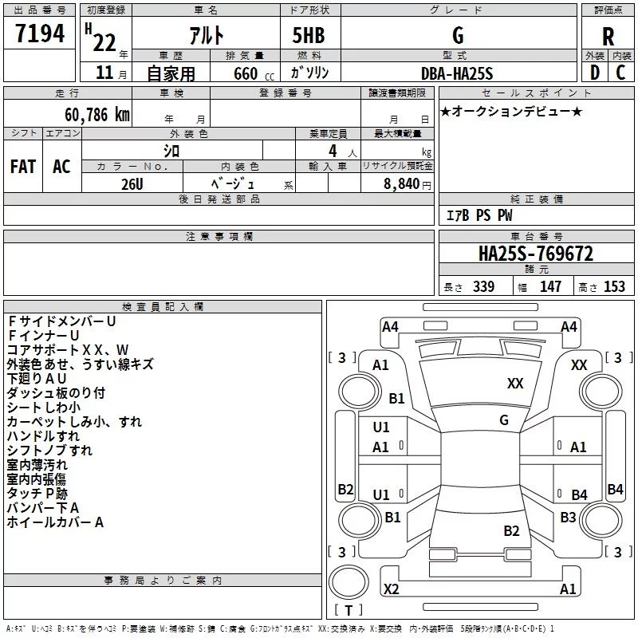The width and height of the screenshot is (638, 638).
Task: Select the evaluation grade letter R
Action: click(x=608, y=36)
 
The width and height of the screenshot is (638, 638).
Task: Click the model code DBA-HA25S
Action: click(x=456, y=73)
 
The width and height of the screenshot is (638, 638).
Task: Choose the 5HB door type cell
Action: click(x=309, y=36)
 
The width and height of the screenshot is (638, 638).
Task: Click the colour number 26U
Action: click(x=132, y=183)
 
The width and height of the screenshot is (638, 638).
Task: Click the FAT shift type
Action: click(x=23, y=166)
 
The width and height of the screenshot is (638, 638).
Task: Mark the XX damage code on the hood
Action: click(x=515, y=384)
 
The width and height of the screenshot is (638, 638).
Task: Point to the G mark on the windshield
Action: click(x=504, y=420)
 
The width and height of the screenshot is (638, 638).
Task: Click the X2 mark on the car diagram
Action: click(x=391, y=589)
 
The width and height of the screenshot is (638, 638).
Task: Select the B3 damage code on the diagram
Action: click(x=568, y=518)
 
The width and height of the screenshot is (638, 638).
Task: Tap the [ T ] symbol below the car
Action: click(x=349, y=611)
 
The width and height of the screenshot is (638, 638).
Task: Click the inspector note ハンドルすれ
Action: click(x=43, y=436)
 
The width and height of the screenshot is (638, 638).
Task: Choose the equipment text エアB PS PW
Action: click(x=478, y=216)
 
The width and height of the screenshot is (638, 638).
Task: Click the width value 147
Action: click(x=550, y=287)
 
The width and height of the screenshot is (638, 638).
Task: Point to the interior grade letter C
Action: click(x=620, y=73)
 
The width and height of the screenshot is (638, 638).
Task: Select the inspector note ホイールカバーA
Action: click(x=56, y=522)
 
